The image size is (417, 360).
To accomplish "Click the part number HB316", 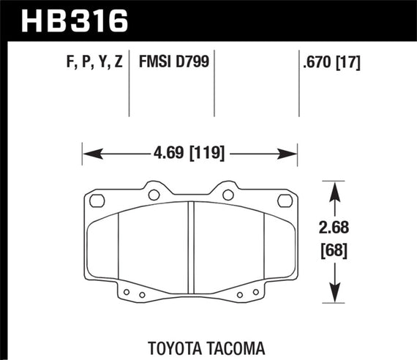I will (x=73, y=20).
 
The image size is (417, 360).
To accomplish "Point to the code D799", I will (x=193, y=64).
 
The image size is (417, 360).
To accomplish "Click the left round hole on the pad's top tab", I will (x=153, y=195).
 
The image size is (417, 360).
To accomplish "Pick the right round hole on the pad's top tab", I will (x=228, y=195).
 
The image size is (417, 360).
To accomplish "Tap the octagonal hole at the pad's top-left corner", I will (x=95, y=200).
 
